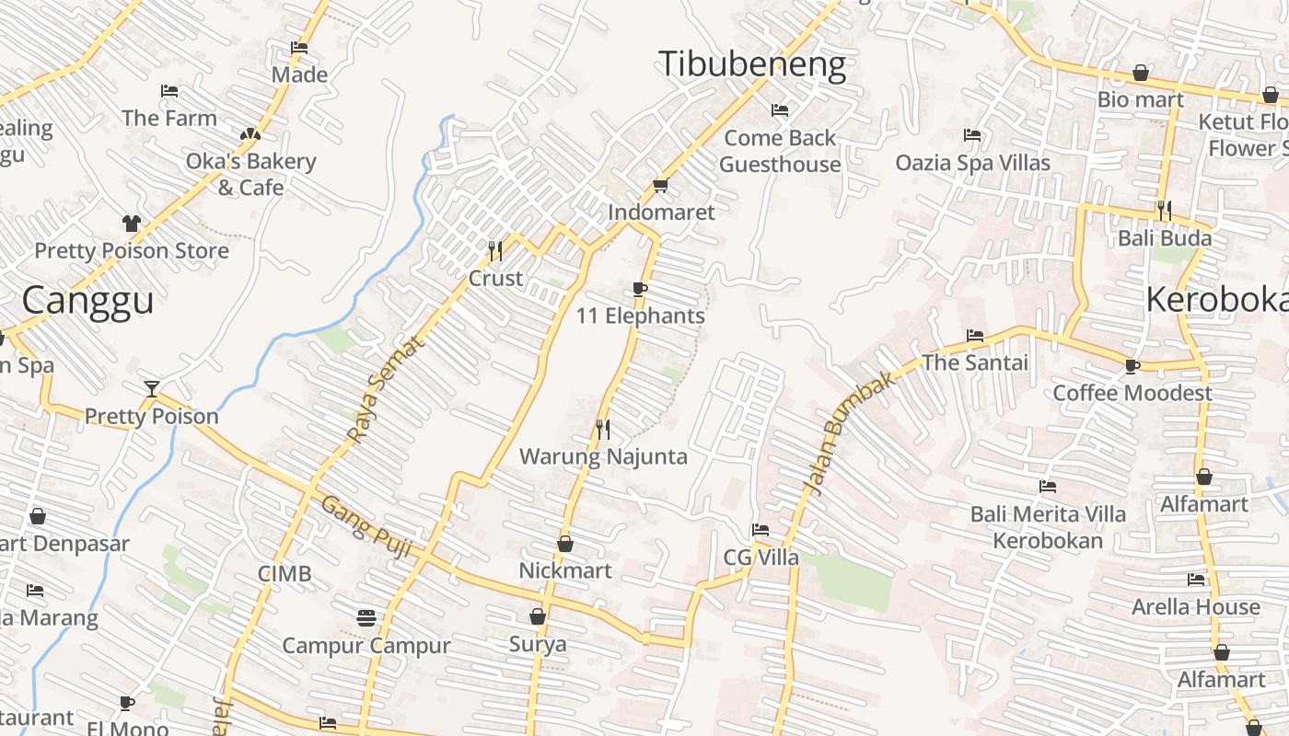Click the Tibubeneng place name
(x=751, y=64)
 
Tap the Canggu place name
(x=87, y=301)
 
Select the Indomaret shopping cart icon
(x=660, y=186)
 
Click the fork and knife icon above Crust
(x=495, y=249)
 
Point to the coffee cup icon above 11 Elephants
(x=640, y=290)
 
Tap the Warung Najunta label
(x=603, y=456)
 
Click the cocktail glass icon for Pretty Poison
(x=152, y=388)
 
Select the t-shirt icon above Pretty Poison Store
(x=131, y=223)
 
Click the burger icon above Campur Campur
(x=366, y=617)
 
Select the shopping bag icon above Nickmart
(x=565, y=544)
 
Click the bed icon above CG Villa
(x=761, y=530)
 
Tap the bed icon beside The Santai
(x=975, y=336)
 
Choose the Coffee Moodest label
(x=1132, y=393)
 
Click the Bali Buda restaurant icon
(x=1165, y=211)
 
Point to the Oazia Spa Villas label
(x=972, y=163)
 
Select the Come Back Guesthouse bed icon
(x=780, y=110)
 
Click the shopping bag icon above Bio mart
(x=1140, y=72)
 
